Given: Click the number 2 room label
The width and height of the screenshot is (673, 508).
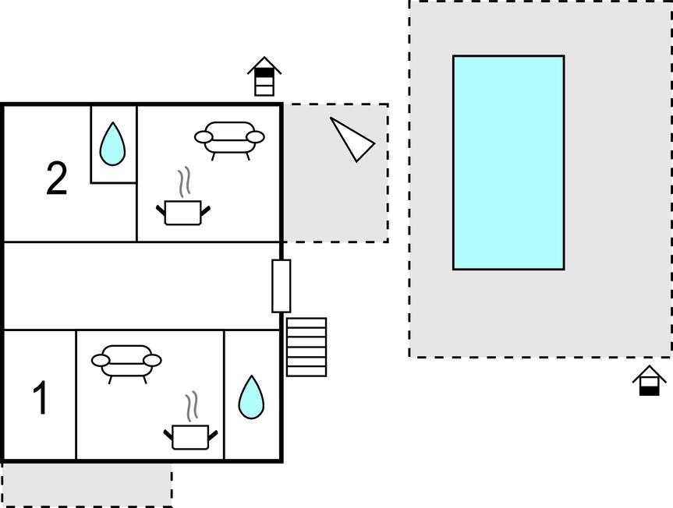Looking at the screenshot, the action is (x=57, y=178).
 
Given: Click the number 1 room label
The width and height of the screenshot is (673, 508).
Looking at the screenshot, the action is (x=41, y=398).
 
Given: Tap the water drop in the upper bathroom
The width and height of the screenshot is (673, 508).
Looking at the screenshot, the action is (x=112, y=144).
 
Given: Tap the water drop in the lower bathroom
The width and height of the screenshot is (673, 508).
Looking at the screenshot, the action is (x=251, y=397).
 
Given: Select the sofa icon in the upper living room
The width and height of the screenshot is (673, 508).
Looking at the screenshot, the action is (x=229, y=139).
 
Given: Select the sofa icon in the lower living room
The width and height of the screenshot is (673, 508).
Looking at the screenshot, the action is (x=126, y=362).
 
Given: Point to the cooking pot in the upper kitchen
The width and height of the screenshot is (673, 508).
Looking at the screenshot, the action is (x=182, y=212).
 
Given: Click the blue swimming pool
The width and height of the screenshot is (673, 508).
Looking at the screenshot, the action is (x=508, y=163).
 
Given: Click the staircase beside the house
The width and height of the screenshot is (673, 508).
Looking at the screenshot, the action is (x=306, y=347).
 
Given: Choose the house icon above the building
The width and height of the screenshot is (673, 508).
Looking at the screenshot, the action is (x=264, y=76).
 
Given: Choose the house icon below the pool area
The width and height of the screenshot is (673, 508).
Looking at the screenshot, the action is (x=650, y=380).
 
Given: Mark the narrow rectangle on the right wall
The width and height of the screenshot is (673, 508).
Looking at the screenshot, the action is (x=282, y=286).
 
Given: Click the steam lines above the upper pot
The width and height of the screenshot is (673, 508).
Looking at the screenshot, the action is (x=185, y=182).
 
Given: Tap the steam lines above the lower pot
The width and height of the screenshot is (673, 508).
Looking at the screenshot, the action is (x=192, y=407).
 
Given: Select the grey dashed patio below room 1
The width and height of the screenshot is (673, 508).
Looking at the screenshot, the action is (x=87, y=485).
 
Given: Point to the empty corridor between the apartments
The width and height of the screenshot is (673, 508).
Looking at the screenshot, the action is (x=142, y=286).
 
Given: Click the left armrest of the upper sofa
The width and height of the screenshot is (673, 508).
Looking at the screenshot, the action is (x=204, y=137).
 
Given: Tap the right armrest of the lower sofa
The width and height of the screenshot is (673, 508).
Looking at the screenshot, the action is (x=152, y=361).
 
